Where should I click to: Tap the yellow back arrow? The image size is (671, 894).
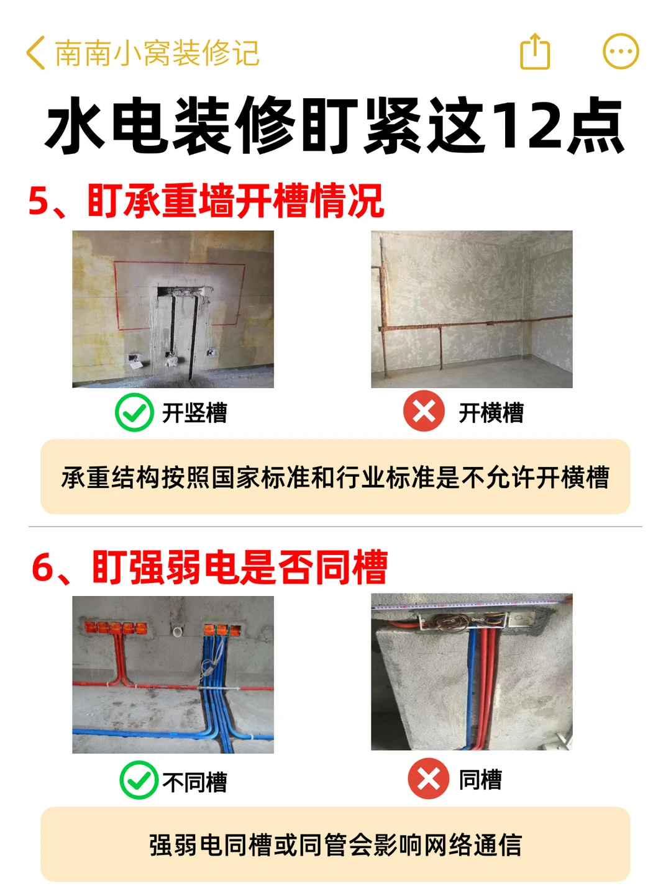(x=35, y=53)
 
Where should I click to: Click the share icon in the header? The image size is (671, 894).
(x=534, y=52)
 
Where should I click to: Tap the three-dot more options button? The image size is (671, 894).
(x=621, y=52)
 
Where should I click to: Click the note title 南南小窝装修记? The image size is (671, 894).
(x=157, y=53)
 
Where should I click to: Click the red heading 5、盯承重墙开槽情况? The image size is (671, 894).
(x=206, y=201)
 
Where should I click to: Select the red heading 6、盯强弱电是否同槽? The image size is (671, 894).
(x=209, y=567)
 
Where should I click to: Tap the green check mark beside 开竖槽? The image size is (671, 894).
(x=134, y=412)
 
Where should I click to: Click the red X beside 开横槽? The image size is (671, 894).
(x=424, y=410)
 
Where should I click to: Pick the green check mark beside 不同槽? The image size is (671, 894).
(x=139, y=780)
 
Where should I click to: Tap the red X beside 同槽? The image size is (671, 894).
(x=428, y=779)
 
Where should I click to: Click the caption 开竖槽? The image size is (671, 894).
(x=194, y=413)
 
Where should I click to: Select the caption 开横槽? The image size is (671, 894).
(x=491, y=413)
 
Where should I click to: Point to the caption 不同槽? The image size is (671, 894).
(x=194, y=781)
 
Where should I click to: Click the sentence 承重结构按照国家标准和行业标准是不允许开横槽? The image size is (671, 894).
(x=335, y=477)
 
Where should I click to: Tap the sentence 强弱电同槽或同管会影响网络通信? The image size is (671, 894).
(x=335, y=845)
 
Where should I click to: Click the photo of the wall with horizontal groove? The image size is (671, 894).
(x=472, y=309)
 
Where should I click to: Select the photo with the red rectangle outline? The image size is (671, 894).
(x=173, y=309)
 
